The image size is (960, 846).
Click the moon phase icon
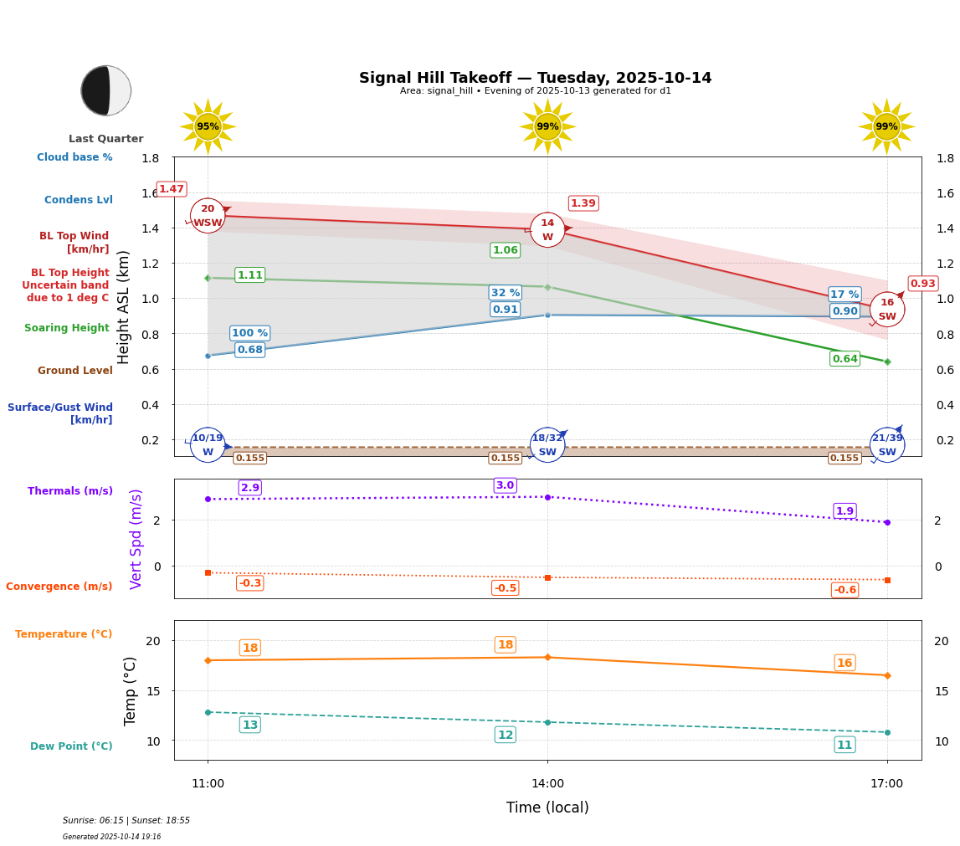pyautogui.click(x=106, y=90)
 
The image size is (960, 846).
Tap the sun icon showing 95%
pyautogui.click(x=208, y=127)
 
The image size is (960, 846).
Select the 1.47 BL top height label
pyautogui.click(x=172, y=189)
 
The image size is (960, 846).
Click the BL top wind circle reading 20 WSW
pyautogui.click(x=208, y=216)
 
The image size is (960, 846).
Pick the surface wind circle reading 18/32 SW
pyautogui.click(x=547, y=444)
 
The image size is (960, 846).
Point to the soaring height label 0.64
pyautogui.click(x=844, y=359)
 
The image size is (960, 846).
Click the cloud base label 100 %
pyautogui.click(x=249, y=333)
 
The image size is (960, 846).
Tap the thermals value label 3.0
pyautogui.click(x=505, y=485)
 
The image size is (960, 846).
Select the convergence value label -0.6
pyautogui.click(x=844, y=590)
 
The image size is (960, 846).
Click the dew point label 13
pyautogui.click(x=249, y=725)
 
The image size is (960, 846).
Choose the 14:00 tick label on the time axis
pyautogui.click(x=547, y=784)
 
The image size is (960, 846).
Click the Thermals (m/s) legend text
pyautogui.click(x=70, y=491)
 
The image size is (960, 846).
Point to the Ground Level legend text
pyautogui.click(x=75, y=371)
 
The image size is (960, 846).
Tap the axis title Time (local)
pyautogui.click(x=547, y=808)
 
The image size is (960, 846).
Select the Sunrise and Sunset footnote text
pyautogui.click(x=126, y=821)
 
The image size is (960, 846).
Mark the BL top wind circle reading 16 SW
pyautogui.click(x=886, y=310)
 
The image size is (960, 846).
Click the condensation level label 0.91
pyautogui.click(x=505, y=310)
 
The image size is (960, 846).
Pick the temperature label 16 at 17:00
pyautogui.click(x=844, y=663)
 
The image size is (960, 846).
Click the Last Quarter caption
pyautogui.click(x=106, y=139)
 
